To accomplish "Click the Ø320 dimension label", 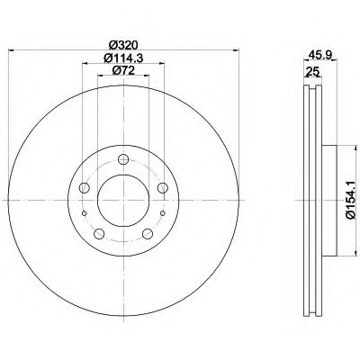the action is (x=123, y=45).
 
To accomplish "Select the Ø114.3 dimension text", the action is (x=123, y=58).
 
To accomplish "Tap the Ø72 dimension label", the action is (x=123, y=70).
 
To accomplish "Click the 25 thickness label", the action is (x=312, y=72).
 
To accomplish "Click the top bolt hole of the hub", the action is (x=123, y=159).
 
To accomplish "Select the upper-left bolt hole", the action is (x=85, y=188).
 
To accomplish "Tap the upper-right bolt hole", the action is (x=163, y=188).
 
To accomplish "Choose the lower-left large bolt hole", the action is (x=99, y=234).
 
